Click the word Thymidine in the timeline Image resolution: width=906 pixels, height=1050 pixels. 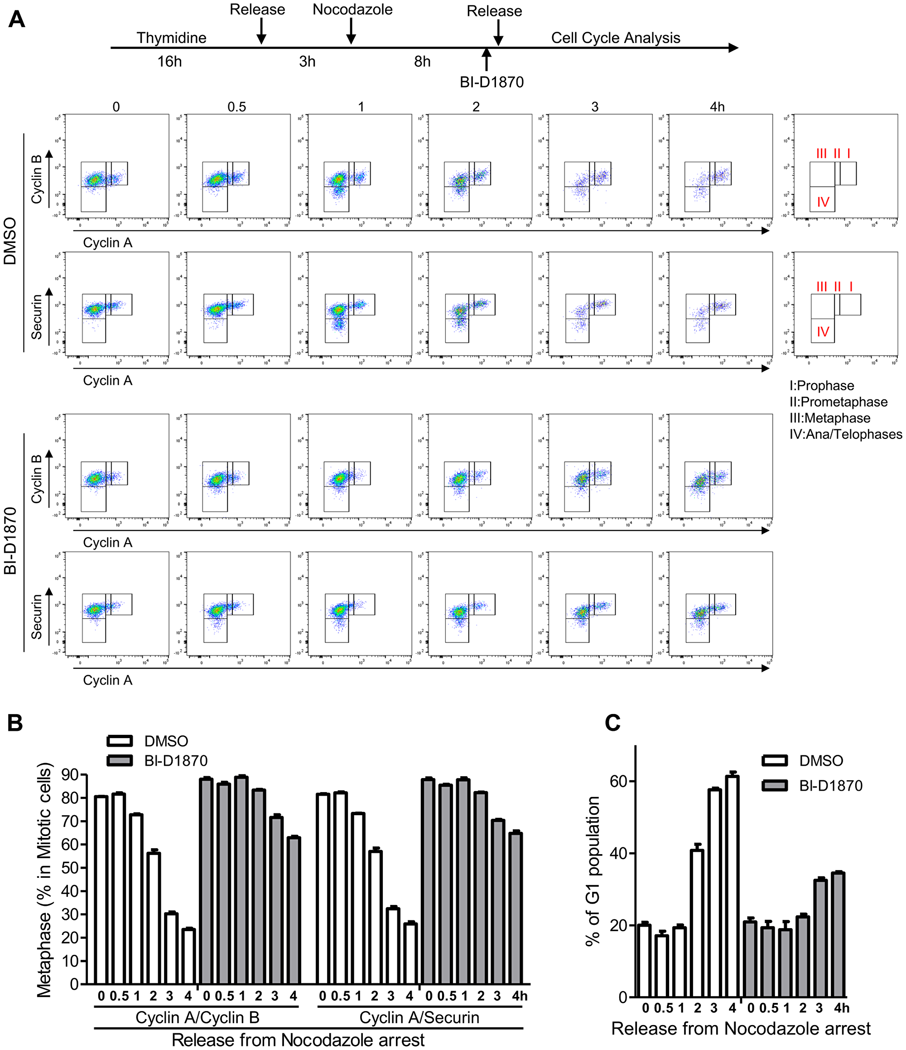point(171,38)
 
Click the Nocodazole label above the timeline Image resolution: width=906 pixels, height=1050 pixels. point(352,10)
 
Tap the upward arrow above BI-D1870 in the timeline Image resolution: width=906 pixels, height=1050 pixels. point(486,59)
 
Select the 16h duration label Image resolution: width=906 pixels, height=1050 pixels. point(169,62)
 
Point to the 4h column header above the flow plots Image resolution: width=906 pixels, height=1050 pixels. point(717,107)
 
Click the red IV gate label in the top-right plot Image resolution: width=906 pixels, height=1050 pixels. point(823,202)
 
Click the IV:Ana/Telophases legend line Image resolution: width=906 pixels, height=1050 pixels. point(845,434)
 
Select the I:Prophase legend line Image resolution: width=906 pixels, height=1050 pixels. point(821,386)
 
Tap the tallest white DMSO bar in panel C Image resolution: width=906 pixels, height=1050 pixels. point(732,886)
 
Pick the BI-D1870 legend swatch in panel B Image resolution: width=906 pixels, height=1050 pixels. point(120,761)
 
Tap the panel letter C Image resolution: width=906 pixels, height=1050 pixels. point(613,723)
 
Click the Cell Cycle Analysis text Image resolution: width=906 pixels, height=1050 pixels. point(615,38)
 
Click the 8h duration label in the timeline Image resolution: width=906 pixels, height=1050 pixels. point(422,62)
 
